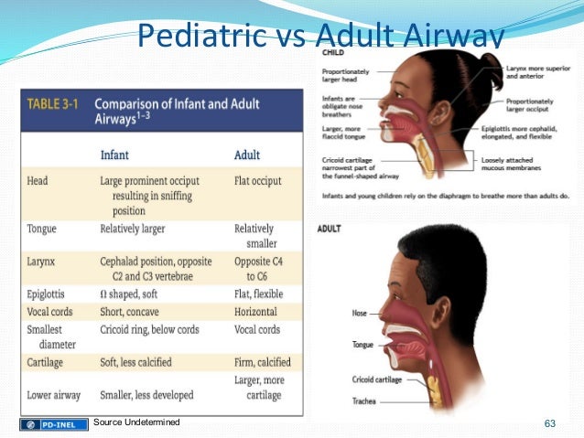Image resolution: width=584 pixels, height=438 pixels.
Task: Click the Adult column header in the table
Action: [x=247, y=155]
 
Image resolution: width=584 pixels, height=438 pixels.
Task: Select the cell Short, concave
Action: [x=136, y=312]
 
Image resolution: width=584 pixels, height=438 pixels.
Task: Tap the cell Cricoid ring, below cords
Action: [x=152, y=329]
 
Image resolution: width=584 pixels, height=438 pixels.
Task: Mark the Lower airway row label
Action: [x=53, y=395]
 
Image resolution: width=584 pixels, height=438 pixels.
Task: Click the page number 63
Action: [x=550, y=422]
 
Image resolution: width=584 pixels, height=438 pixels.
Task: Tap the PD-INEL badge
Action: [x=54, y=423]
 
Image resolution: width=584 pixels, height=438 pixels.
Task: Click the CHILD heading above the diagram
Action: [x=331, y=53]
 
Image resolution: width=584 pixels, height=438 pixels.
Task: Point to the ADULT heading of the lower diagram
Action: [x=330, y=228]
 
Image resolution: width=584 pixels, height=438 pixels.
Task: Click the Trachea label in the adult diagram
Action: [x=365, y=401]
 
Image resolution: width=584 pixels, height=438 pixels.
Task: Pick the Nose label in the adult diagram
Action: [x=360, y=314]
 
